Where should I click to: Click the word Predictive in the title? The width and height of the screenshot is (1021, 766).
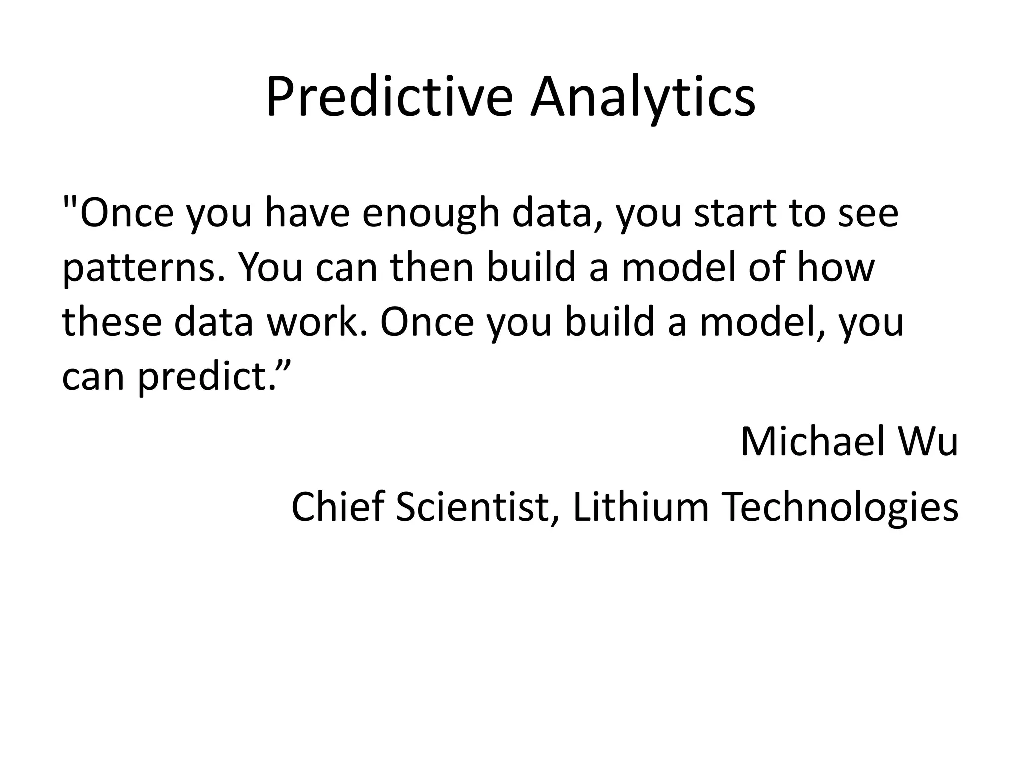tap(389, 97)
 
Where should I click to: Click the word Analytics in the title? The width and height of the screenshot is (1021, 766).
tap(643, 97)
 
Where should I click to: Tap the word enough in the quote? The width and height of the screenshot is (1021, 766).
tap(431, 213)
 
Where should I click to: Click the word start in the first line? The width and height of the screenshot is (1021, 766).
tap(735, 213)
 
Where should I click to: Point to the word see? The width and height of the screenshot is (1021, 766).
tap(867, 213)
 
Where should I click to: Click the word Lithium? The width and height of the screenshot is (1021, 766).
tap(641, 507)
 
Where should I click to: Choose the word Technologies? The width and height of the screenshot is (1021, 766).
tap(840, 507)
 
